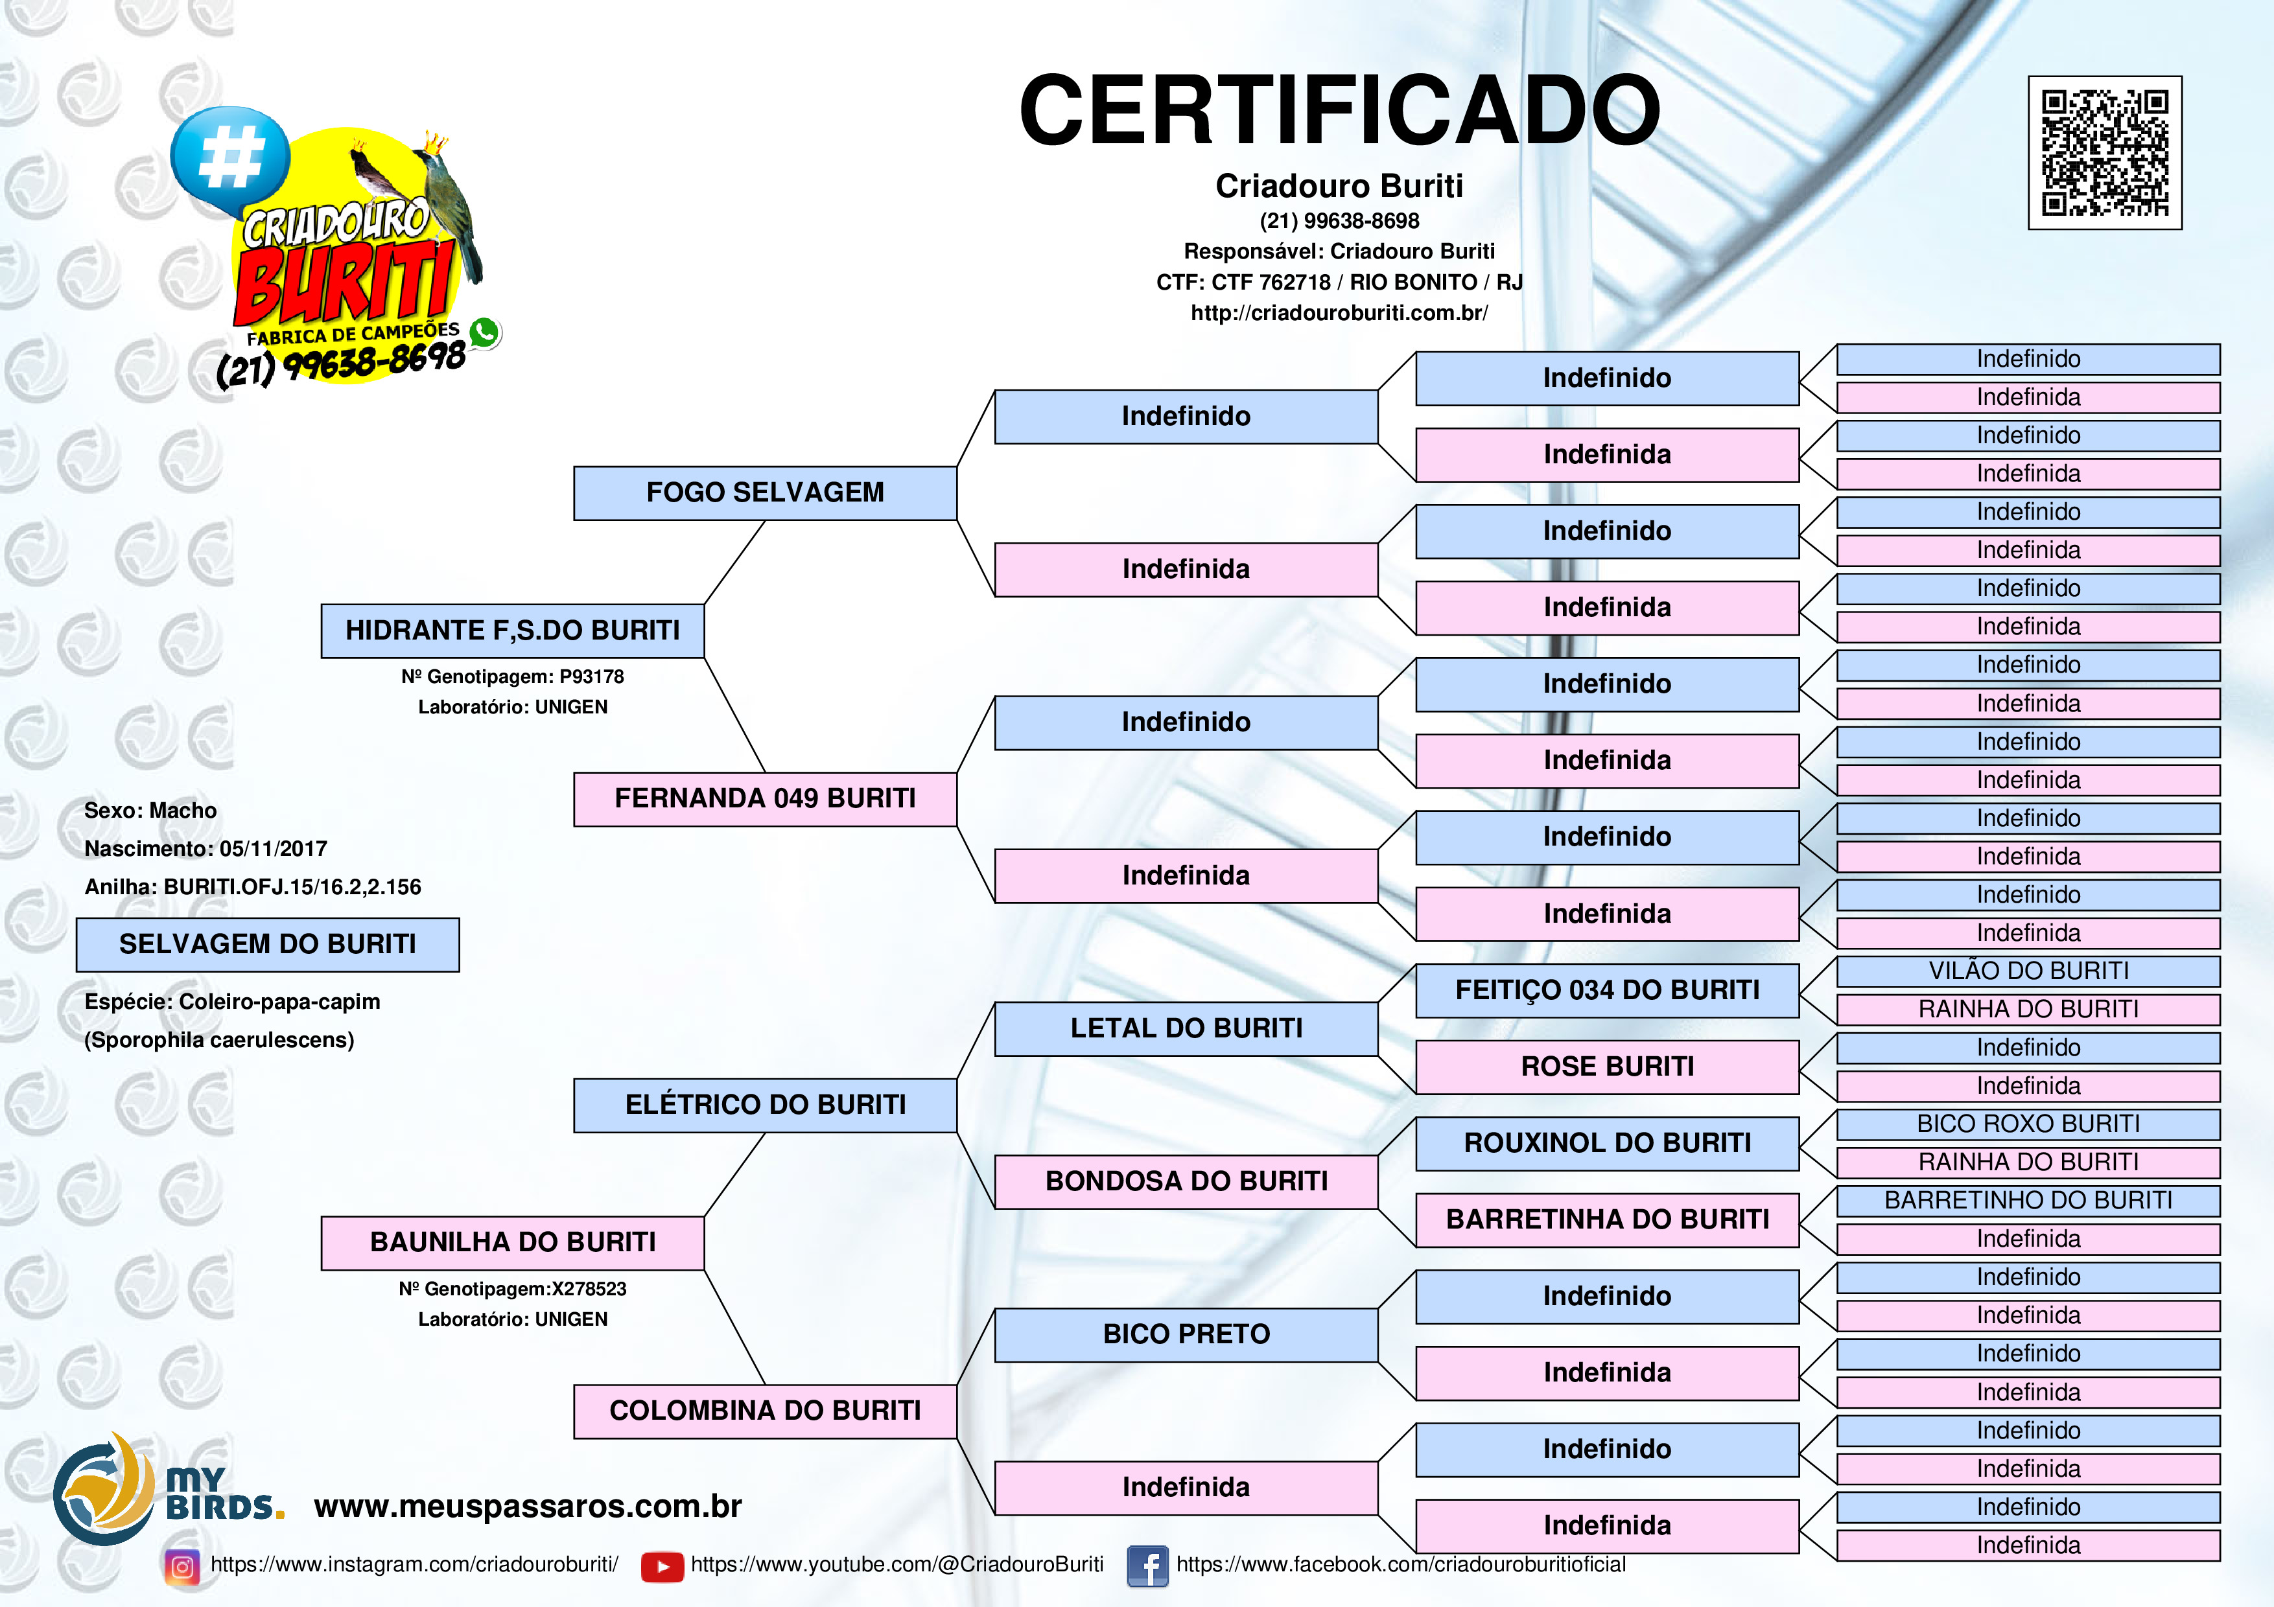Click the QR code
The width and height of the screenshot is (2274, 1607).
(x=2105, y=152)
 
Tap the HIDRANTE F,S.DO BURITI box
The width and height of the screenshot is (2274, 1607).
(x=512, y=630)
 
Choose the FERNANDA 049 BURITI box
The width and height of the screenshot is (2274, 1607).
(x=765, y=799)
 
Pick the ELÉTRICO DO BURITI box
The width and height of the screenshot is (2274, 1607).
(x=765, y=1105)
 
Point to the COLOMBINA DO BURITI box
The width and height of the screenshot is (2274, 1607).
(x=765, y=1411)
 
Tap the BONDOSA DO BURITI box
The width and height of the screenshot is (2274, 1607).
(x=1186, y=1181)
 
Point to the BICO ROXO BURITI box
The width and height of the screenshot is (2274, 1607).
(x=2028, y=1124)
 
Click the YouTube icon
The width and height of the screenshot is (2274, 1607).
(x=662, y=1566)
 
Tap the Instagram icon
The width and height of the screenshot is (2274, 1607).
(x=182, y=1566)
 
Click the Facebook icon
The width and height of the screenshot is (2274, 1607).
(x=1148, y=1566)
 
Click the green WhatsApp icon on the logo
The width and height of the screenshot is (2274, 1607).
(x=484, y=332)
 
